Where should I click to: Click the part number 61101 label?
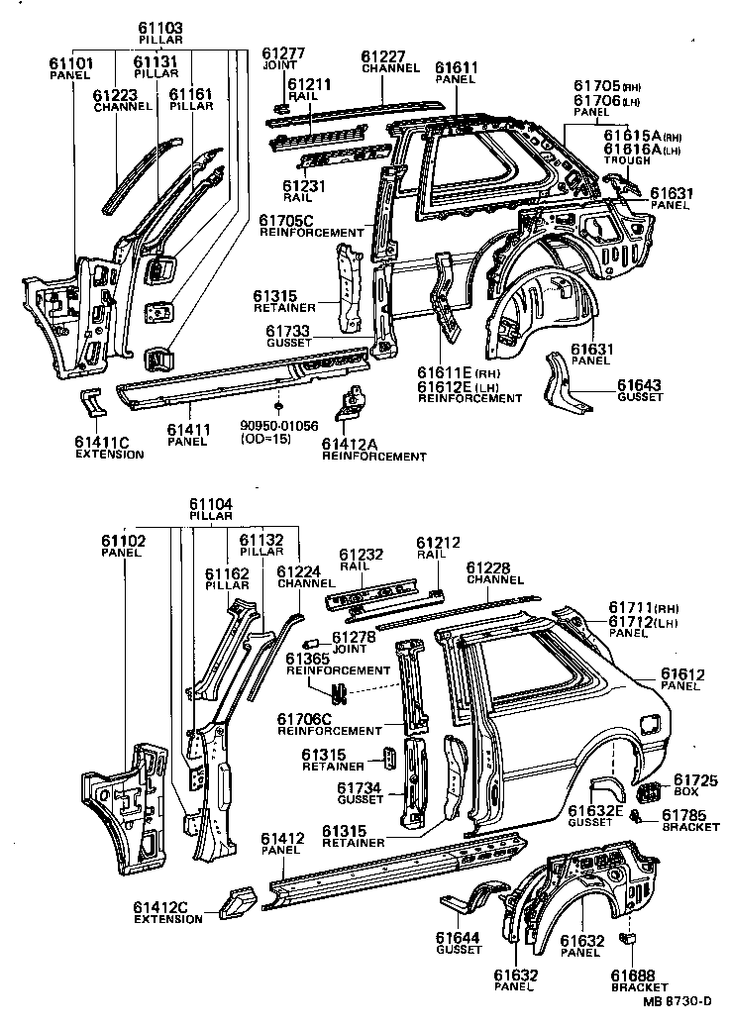70,63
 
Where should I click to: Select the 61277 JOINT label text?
282,52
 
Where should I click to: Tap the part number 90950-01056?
279,427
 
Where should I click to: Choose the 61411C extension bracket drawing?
92,403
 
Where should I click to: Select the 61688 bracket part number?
632,976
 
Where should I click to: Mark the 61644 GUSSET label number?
458,937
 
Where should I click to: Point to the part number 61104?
212,504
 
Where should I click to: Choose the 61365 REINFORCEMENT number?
307,658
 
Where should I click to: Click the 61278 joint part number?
353,637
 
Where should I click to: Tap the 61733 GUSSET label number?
288,330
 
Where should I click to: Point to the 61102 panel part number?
123,541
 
